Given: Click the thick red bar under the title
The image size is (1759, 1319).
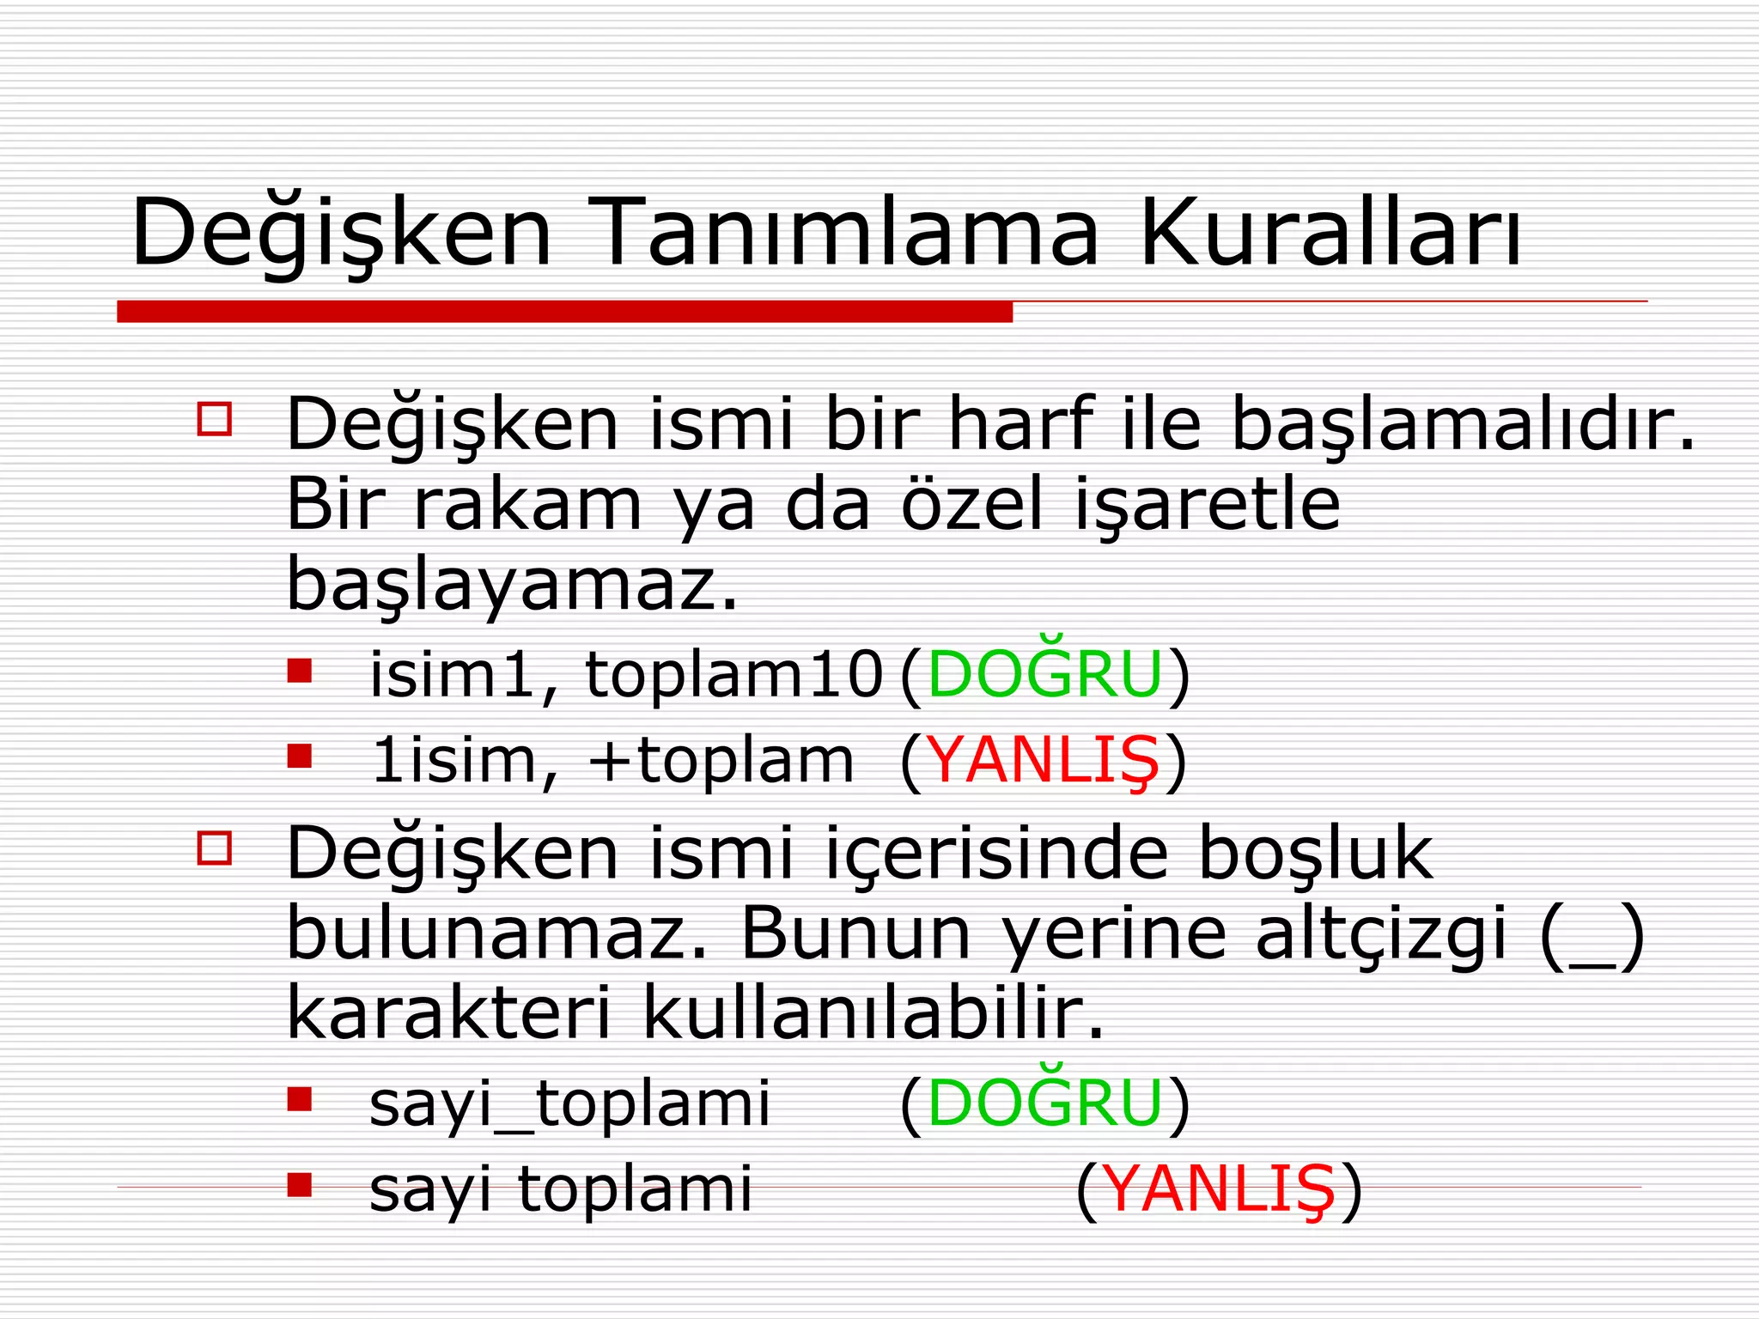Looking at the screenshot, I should [564, 312].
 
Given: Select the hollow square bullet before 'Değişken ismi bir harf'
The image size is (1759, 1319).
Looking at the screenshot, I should [214, 419].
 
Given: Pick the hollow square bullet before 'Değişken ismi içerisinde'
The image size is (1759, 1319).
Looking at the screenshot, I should [214, 848].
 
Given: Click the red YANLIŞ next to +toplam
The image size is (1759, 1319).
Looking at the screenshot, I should [1044, 762].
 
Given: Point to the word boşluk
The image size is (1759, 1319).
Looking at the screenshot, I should [1315, 854].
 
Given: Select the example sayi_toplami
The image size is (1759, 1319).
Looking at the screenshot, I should [569, 1105].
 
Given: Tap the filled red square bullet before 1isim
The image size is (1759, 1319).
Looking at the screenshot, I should [300, 756].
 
